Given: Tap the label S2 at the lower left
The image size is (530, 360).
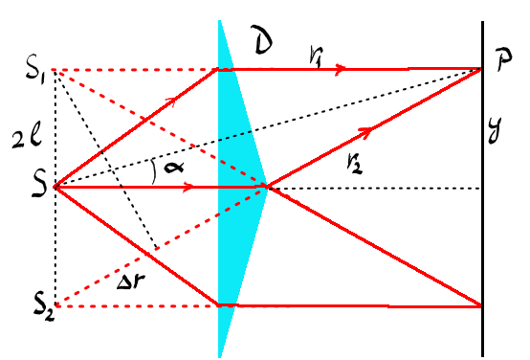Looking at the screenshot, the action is coord(44,308).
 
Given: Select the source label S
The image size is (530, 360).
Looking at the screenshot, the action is coord(40,186).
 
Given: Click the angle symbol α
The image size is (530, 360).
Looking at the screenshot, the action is coord(174,167).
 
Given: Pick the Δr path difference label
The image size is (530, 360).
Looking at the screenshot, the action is coord(131,281).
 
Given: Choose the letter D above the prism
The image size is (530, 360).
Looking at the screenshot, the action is coord(262,40).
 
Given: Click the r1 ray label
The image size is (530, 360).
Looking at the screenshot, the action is coord(316,56).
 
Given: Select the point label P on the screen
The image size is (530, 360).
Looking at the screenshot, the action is coord(504,59).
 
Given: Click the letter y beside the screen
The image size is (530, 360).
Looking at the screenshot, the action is coord(497,130).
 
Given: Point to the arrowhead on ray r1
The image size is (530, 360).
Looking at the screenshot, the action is coord(340,69).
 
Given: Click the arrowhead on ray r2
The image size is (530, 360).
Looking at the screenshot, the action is coord(365,132).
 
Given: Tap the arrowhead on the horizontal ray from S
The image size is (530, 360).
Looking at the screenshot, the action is coord(188,187).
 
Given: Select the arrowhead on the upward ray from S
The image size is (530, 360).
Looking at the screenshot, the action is coord(171,101).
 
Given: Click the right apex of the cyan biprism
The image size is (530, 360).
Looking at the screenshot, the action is coord(268,187).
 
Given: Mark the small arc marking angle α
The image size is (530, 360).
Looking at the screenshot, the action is coord(154,172).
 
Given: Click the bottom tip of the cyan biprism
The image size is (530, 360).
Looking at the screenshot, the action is coord(220,356).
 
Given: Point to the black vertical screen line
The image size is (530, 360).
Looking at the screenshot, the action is coord(482,189).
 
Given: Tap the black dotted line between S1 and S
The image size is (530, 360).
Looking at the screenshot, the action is coord(55,128).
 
